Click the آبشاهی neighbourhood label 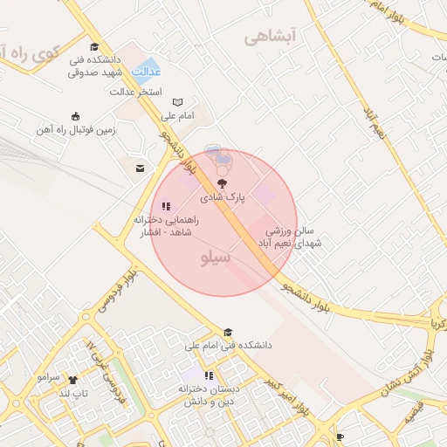(x=271, y=36)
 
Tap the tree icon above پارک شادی (x=220, y=183)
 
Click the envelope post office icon (x=139, y=168)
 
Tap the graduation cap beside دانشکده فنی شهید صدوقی (x=94, y=48)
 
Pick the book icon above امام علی (x=178, y=101)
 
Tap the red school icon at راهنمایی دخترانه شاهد (x=166, y=207)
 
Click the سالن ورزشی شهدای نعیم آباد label (x=294, y=237)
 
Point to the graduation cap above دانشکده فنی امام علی (x=228, y=332)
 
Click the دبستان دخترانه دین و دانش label (x=206, y=395)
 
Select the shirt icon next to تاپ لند (x=72, y=380)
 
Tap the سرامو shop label (x=48, y=378)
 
